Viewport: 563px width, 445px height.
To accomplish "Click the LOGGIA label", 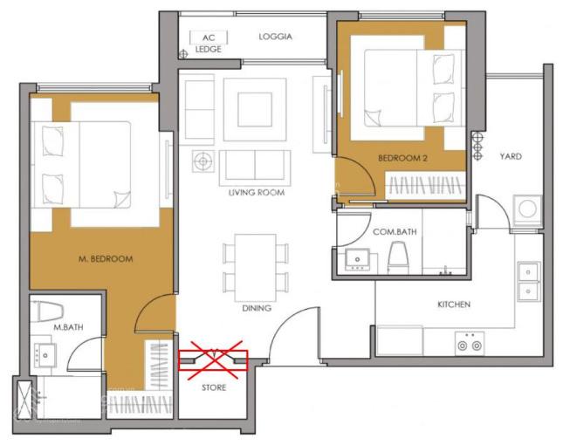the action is coord(276,37).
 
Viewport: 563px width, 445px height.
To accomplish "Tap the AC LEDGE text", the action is coord(209,43).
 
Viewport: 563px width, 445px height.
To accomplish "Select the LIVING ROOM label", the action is coord(257,192).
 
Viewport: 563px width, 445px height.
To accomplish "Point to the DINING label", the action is coord(257,308).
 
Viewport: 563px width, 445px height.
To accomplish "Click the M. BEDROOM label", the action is coord(106,259).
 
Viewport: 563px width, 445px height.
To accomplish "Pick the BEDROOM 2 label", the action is coord(402,158).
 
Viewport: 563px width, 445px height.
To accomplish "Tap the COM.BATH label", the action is coord(395,232).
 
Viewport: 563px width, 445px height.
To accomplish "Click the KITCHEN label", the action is coord(454,305).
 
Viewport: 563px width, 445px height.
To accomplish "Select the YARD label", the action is coord(511,156).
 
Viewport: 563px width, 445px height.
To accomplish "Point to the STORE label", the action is coord(214,387).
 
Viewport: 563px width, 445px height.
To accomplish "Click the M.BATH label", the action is coord(68,327).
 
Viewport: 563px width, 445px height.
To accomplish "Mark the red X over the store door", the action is coord(215,360).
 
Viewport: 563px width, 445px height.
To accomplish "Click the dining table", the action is coord(255,268).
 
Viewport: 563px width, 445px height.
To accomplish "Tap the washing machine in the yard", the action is coord(527,210).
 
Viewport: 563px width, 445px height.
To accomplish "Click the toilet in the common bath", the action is coord(398,257).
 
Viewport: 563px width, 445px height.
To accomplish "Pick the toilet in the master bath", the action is coord(48,311).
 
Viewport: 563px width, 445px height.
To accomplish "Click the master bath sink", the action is coord(45,355).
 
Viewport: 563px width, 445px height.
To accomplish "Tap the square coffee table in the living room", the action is coord(255,109).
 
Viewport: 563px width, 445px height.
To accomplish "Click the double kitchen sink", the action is coord(529,282).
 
